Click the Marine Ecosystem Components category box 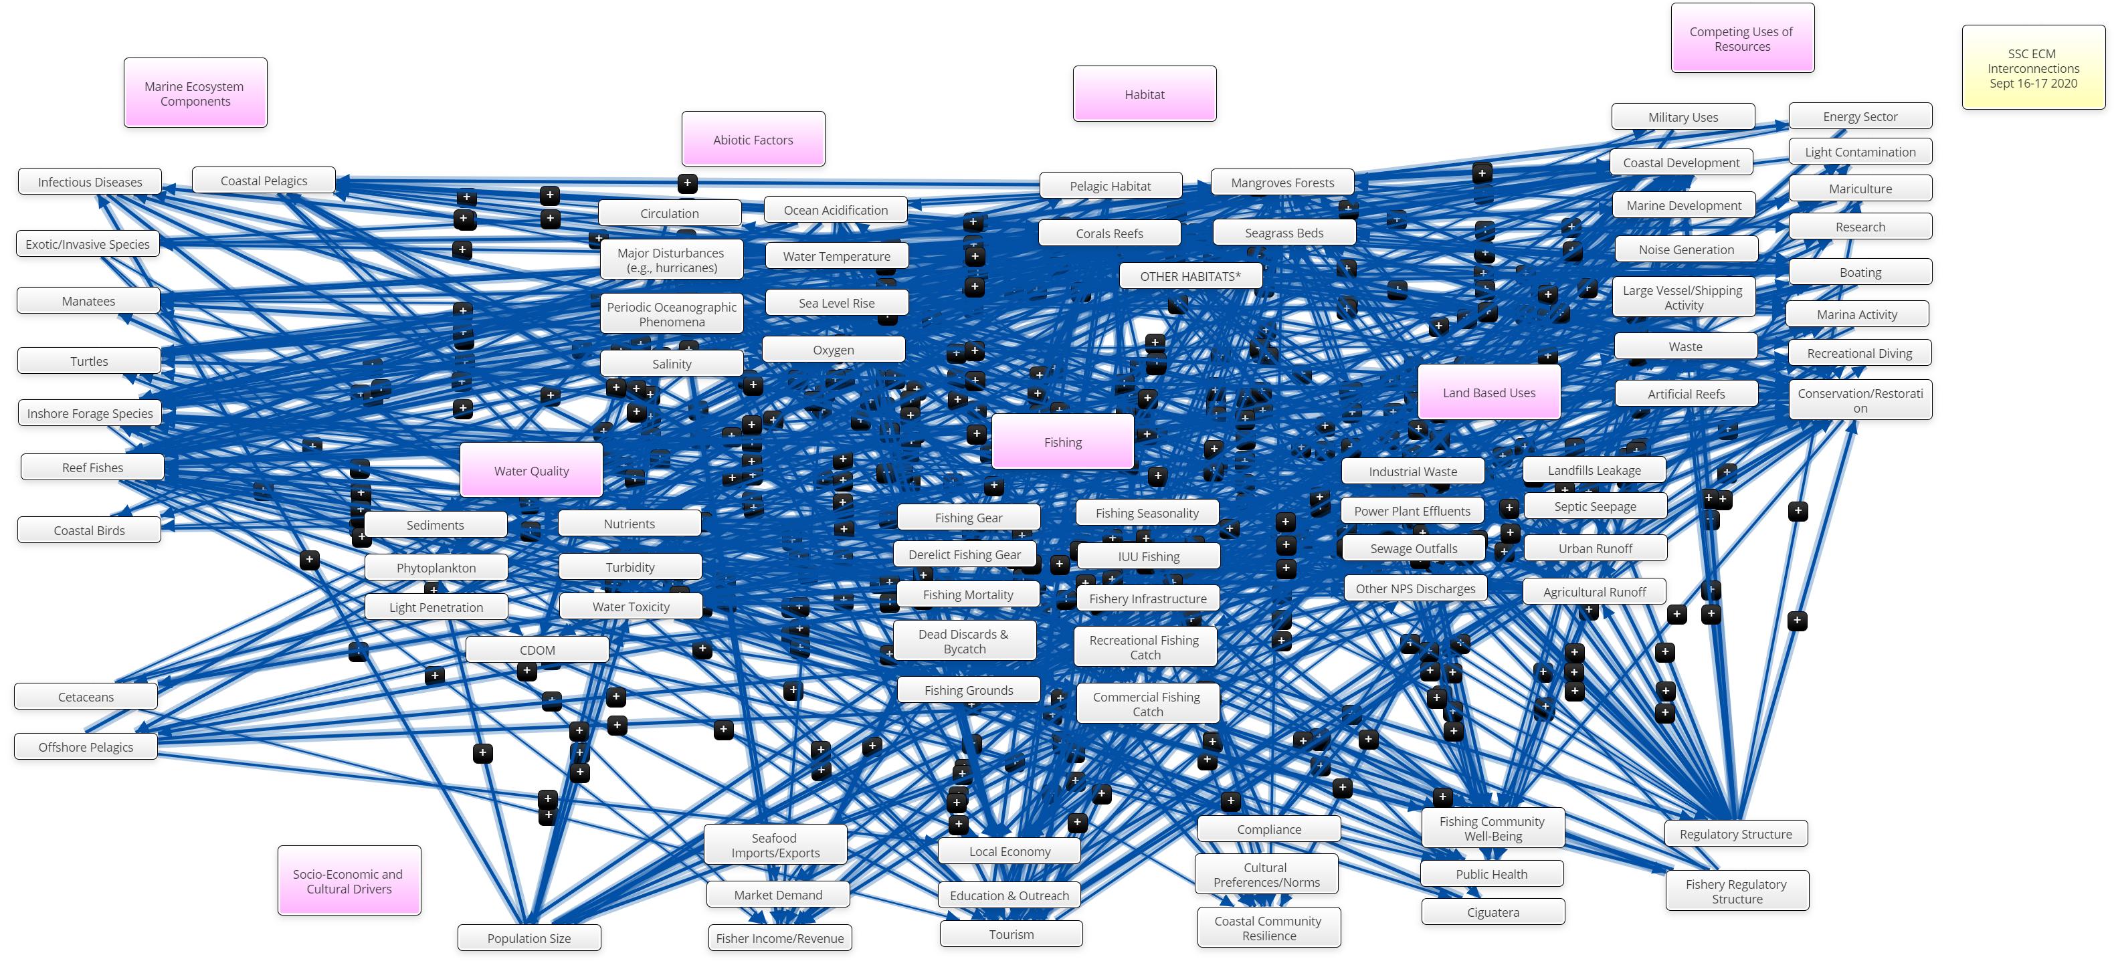[195, 93]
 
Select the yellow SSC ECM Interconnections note [2033, 68]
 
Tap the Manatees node [88, 301]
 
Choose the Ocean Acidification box [836, 210]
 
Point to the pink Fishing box [1063, 442]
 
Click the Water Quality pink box [531, 471]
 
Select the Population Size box [528, 938]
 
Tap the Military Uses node [1683, 117]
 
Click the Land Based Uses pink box [1488, 393]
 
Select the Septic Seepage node [1594, 506]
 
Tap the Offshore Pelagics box [86, 747]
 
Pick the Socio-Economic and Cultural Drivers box [349, 881]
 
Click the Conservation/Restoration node [1860, 401]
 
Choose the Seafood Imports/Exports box [775, 845]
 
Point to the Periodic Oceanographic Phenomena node [671, 314]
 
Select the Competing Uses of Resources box [1741, 39]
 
